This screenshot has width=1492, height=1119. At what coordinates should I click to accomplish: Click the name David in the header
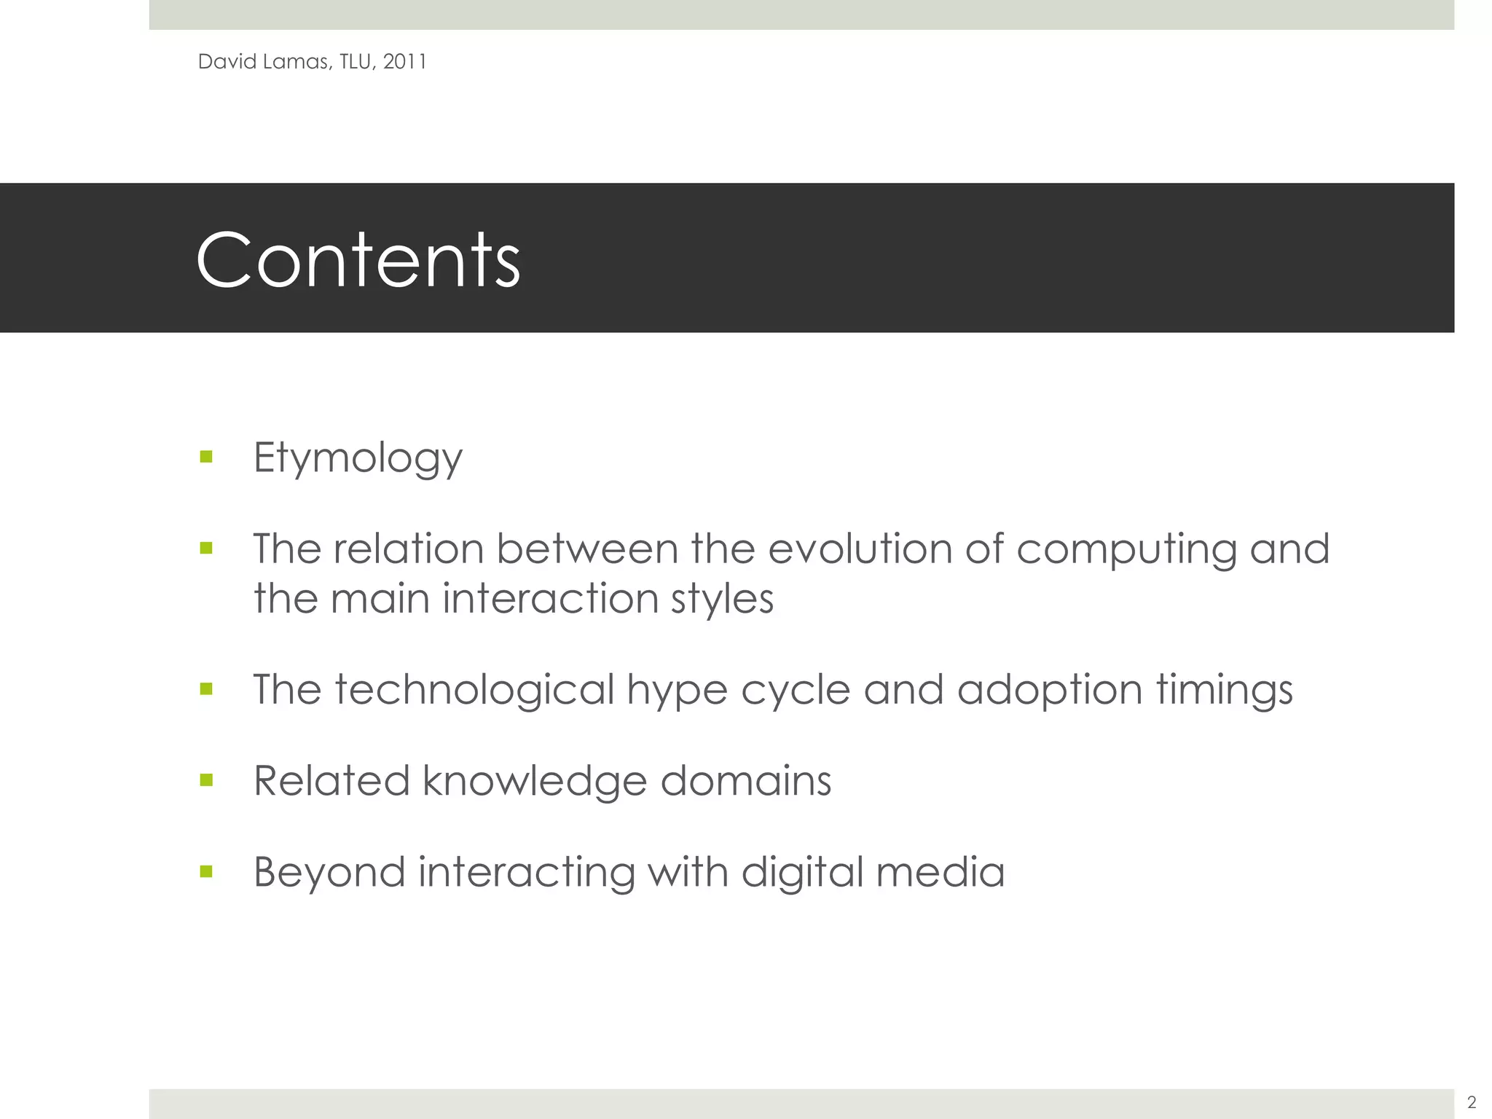pos(227,62)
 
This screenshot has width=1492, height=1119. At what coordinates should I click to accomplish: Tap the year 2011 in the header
pos(404,62)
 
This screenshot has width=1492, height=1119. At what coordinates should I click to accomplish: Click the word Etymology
pos(358,459)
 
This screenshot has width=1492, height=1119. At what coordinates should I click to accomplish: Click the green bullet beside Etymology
pos(206,457)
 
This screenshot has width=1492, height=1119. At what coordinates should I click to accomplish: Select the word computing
pos(1126,550)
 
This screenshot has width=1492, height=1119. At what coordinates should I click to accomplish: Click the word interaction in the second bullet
pos(550,599)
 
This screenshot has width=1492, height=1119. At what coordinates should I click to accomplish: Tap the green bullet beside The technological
pos(206,688)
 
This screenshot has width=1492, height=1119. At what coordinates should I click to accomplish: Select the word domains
pos(745,781)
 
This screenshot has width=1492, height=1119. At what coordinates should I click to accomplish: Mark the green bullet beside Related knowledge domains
pos(206,780)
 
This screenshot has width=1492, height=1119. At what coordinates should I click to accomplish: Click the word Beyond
pos(329,873)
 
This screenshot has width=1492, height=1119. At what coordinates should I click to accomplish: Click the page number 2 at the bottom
pos(1471,1102)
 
